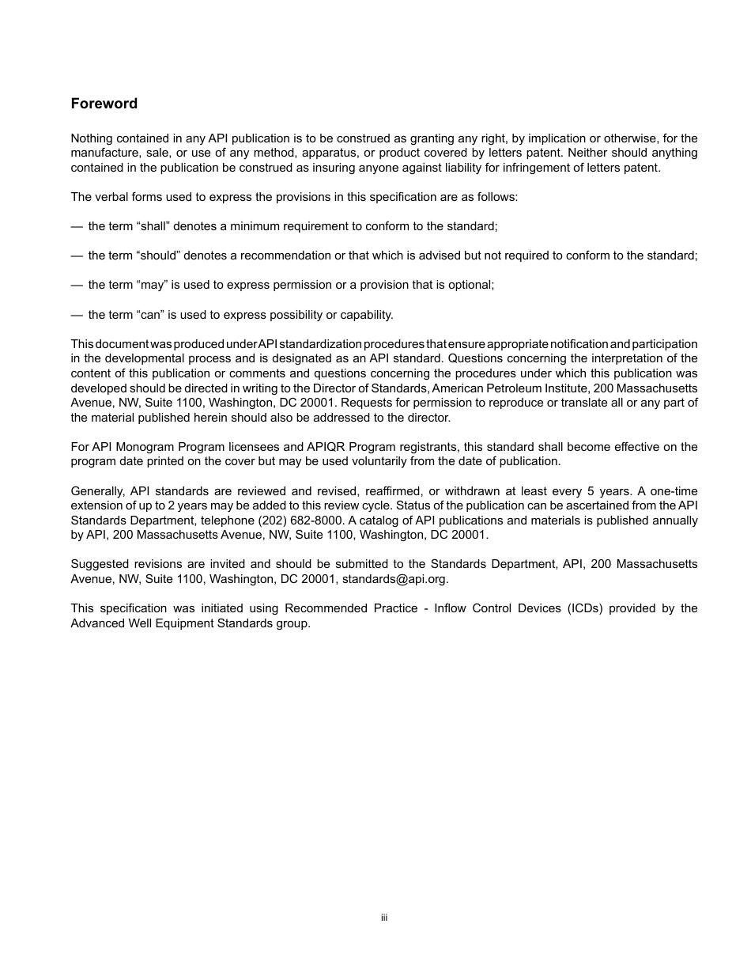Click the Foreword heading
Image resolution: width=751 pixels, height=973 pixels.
click(104, 104)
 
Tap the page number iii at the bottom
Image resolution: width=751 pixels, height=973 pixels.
click(383, 918)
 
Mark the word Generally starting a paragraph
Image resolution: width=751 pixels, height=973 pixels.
click(97, 491)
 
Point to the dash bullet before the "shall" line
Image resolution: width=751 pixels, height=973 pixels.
click(77, 227)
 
